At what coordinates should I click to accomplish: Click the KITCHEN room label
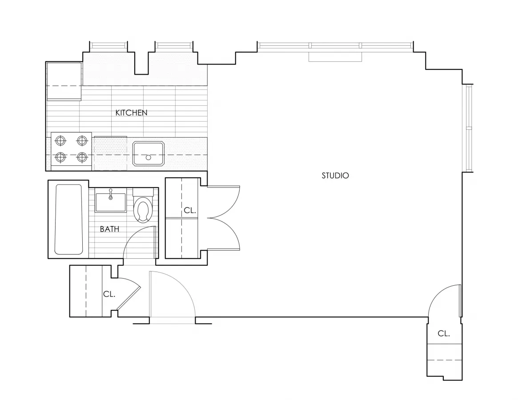[131, 113]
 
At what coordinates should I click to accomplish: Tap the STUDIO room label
[335, 176]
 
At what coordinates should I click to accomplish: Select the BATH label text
[109, 229]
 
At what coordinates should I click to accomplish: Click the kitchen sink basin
[149, 153]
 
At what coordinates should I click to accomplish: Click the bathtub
[68, 219]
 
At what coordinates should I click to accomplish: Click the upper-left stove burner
[60, 141]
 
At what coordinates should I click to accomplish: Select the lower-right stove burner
[81, 157]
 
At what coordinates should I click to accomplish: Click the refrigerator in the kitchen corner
[64, 81]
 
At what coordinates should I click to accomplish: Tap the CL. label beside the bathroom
[190, 211]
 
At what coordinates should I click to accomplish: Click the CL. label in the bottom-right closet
[443, 333]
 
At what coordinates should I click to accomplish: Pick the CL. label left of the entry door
[109, 294]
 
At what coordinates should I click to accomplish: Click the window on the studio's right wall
[469, 128]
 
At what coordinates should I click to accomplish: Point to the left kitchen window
[108, 45]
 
